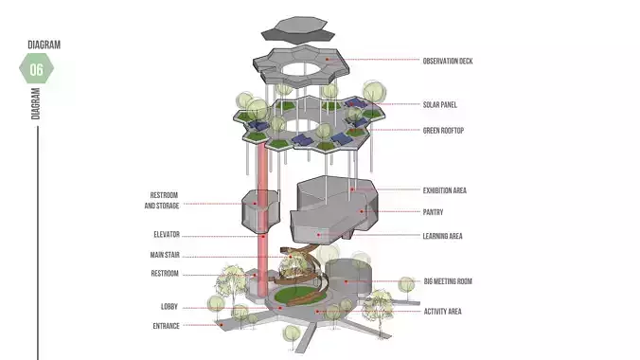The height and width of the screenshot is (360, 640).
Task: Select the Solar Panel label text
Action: coord(441,104)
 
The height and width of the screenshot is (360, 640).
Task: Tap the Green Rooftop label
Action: coord(445,130)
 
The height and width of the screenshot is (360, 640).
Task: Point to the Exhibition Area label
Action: coord(445,189)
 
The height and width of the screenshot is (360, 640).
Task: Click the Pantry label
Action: coord(433,212)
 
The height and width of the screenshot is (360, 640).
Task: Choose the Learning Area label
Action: coord(442,236)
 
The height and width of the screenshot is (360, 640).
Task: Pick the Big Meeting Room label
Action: coord(449,281)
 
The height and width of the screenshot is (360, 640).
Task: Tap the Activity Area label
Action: coord(442,311)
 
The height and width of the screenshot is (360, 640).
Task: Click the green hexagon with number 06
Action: coord(37,69)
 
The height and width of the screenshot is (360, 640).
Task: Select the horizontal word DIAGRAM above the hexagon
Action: coord(44,45)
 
